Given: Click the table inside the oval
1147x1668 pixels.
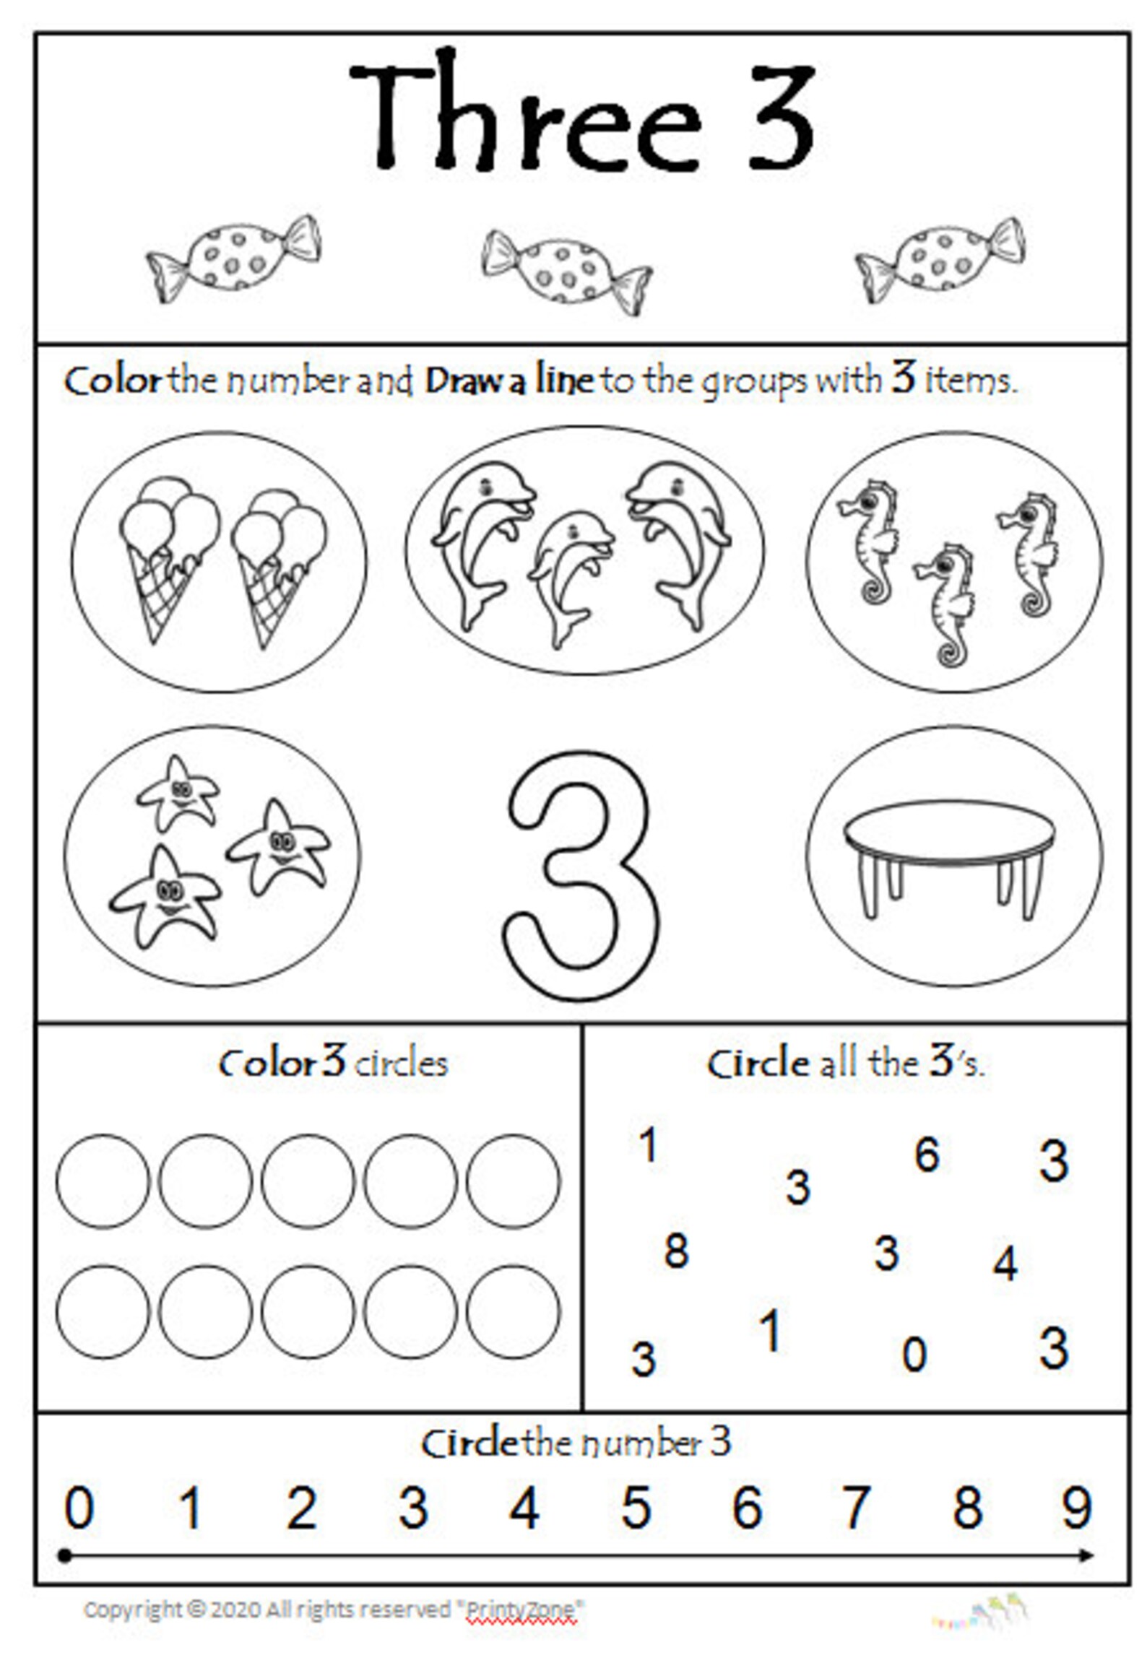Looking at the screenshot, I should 951,859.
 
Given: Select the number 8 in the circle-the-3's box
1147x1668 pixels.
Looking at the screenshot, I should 676,1251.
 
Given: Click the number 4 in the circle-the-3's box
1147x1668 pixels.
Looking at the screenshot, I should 1005,1264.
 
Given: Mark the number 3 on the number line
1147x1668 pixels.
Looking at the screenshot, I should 413,1508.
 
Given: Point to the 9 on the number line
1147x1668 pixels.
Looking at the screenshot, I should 1076,1508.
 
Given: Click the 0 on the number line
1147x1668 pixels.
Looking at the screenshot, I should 79,1508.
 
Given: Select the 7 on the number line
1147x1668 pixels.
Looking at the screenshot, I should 855,1508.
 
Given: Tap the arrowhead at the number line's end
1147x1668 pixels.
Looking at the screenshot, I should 1087,1555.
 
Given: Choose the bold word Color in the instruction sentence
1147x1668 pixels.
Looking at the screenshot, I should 113,381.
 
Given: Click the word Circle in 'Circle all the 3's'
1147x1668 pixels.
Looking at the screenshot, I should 758,1064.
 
